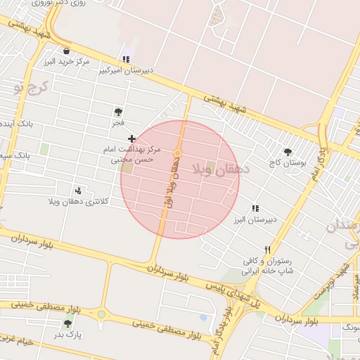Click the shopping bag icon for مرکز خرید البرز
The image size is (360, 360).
[x=66, y=51]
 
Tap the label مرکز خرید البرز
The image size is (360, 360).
[x=67, y=62]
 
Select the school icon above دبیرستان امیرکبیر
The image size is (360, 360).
[x=126, y=60]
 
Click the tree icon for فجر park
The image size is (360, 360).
[x=117, y=112]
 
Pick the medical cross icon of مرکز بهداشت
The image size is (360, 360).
[x=131, y=139]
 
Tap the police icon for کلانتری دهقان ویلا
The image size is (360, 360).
[x=78, y=191]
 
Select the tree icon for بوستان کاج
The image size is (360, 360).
[x=288, y=152]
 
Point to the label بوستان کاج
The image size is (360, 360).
[x=284, y=163]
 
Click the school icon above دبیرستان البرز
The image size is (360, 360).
[x=255, y=209]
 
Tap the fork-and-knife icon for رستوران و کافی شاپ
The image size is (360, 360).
[x=266, y=250]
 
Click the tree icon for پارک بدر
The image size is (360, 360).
[x=68, y=323]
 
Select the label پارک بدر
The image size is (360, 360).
[x=69, y=335]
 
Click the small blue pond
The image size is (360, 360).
[x=203, y=318]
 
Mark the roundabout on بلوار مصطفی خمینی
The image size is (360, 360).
[x=101, y=314]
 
